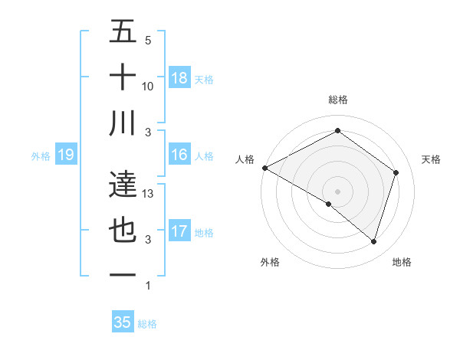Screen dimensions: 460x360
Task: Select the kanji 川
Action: tap(123, 123)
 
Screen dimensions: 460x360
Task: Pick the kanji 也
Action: tap(123, 231)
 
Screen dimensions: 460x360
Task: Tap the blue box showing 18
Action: tap(179, 77)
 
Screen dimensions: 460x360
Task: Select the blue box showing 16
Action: tap(179, 155)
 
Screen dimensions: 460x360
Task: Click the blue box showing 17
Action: tap(179, 231)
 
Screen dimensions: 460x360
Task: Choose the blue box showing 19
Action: tap(65, 155)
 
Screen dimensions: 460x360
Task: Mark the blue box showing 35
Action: tap(123, 322)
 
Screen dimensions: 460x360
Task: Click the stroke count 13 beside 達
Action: tap(149, 194)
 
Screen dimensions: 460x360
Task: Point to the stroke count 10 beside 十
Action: tap(149, 87)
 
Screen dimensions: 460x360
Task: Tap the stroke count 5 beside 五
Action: tap(148, 41)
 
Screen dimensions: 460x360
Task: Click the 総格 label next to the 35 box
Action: tap(147, 324)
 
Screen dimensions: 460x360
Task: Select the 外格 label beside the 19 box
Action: tap(41, 156)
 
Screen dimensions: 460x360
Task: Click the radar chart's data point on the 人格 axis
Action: tap(264, 168)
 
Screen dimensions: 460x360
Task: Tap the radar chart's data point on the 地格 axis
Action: tap(373, 242)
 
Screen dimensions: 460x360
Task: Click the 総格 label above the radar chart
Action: tap(337, 100)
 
